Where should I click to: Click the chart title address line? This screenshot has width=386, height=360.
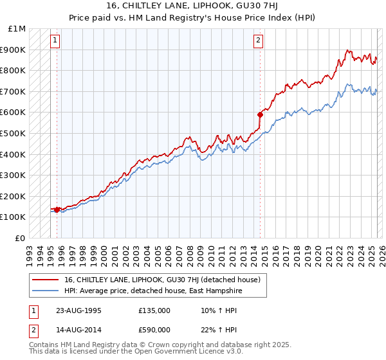coord(193,6)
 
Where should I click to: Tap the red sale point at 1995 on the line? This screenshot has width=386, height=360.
coord(57,209)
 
